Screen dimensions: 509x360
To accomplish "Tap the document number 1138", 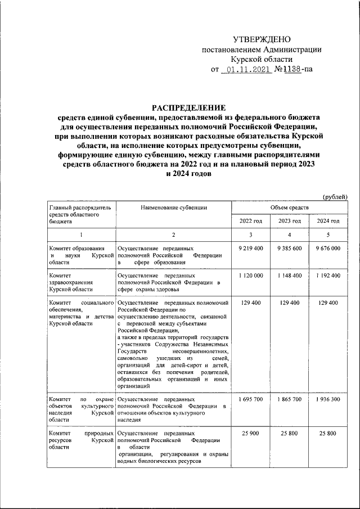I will [x=291, y=70].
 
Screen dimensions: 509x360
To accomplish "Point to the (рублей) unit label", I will [x=335, y=196].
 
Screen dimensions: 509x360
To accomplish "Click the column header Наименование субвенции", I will [x=174, y=208].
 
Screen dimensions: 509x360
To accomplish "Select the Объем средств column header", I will [x=289, y=208].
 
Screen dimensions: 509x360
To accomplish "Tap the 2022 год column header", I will [x=251, y=222].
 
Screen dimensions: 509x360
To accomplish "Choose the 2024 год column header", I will [x=328, y=222].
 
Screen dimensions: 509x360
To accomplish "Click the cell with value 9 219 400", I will [x=251, y=248].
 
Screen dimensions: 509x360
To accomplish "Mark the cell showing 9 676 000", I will [x=328, y=248].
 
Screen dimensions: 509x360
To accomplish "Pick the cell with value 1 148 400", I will [x=290, y=276].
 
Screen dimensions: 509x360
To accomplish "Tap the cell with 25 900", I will [x=251, y=434].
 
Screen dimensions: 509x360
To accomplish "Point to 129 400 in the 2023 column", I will [x=290, y=303].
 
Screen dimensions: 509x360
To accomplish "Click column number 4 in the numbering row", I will [x=290, y=235].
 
